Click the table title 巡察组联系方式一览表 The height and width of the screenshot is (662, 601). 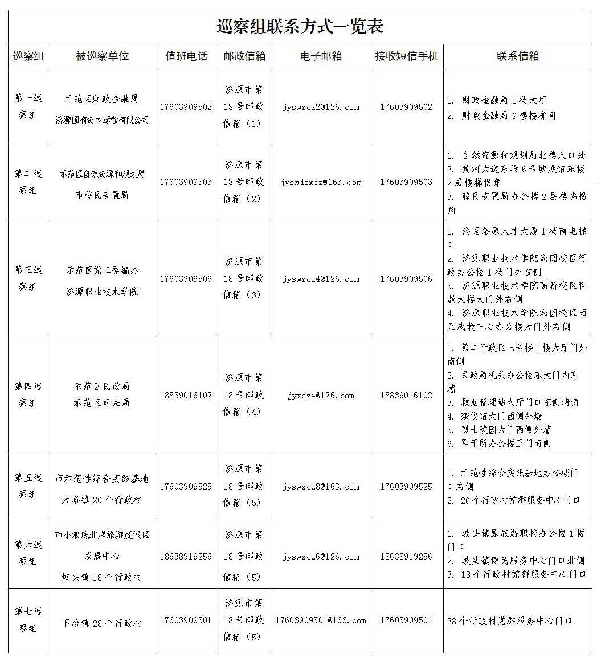point(300,26)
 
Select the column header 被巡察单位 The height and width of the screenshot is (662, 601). point(103,56)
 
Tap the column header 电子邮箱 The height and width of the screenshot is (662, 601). point(321,56)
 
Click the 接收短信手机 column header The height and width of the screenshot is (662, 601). point(407,56)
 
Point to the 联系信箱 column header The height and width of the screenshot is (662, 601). point(518,56)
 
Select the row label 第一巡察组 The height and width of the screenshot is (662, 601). point(28,106)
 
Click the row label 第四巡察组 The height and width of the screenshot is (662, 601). point(28,394)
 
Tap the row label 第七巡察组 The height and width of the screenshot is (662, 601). point(28,620)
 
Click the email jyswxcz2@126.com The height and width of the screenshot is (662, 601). point(321,107)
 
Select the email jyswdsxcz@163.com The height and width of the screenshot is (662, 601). point(321,182)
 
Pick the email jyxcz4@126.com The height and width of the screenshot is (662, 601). point(321,396)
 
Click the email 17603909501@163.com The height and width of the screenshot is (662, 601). point(321,620)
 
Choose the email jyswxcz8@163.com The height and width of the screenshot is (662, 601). point(321,487)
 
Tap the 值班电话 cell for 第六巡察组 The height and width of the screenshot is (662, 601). point(186,557)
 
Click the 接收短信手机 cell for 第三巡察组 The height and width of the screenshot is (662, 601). point(406,279)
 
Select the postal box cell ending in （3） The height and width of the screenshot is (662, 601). point(244,278)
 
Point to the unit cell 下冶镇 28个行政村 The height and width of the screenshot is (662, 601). point(102,623)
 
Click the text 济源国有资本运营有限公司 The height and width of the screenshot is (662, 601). point(103,120)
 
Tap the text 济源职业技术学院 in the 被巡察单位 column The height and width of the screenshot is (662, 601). point(103,291)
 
